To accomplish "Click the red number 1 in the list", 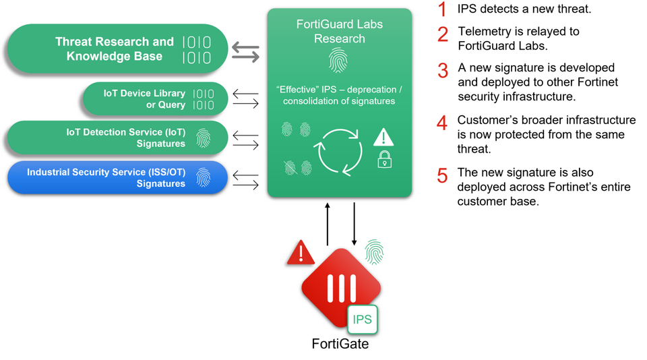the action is pyautogui.click(x=442, y=9).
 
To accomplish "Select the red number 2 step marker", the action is pyautogui.click(x=443, y=34).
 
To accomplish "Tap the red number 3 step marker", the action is pyautogui.click(x=443, y=71).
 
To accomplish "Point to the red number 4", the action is pyautogui.click(x=442, y=123).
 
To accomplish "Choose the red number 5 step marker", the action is pyautogui.click(x=442, y=175).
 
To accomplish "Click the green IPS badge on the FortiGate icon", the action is pyautogui.click(x=363, y=319).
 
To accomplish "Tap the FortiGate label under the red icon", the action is pyautogui.click(x=340, y=344).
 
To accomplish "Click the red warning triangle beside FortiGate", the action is pyautogui.click(x=301, y=252).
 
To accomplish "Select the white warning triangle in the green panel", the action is pyautogui.click(x=383, y=137).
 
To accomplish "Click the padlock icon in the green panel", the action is pyautogui.click(x=385, y=159).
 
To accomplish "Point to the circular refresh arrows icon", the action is pyautogui.click(x=340, y=152).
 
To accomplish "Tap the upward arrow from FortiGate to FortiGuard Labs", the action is pyautogui.click(x=328, y=224).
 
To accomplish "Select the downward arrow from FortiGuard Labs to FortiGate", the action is pyautogui.click(x=354, y=224).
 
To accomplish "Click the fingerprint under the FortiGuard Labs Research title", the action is pyautogui.click(x=338, y=60).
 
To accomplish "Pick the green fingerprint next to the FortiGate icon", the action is pyautogui.click(x=374, y=252).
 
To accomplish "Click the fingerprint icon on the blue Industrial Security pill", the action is pyautogui.click(x=203, y=177).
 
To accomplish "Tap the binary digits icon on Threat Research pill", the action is pyautogui.click(x=197, y=50).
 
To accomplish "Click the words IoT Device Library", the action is pyautogui.click(x=144, y=93).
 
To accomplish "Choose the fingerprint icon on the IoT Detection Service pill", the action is pyautogui.click(x=203, y=138).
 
